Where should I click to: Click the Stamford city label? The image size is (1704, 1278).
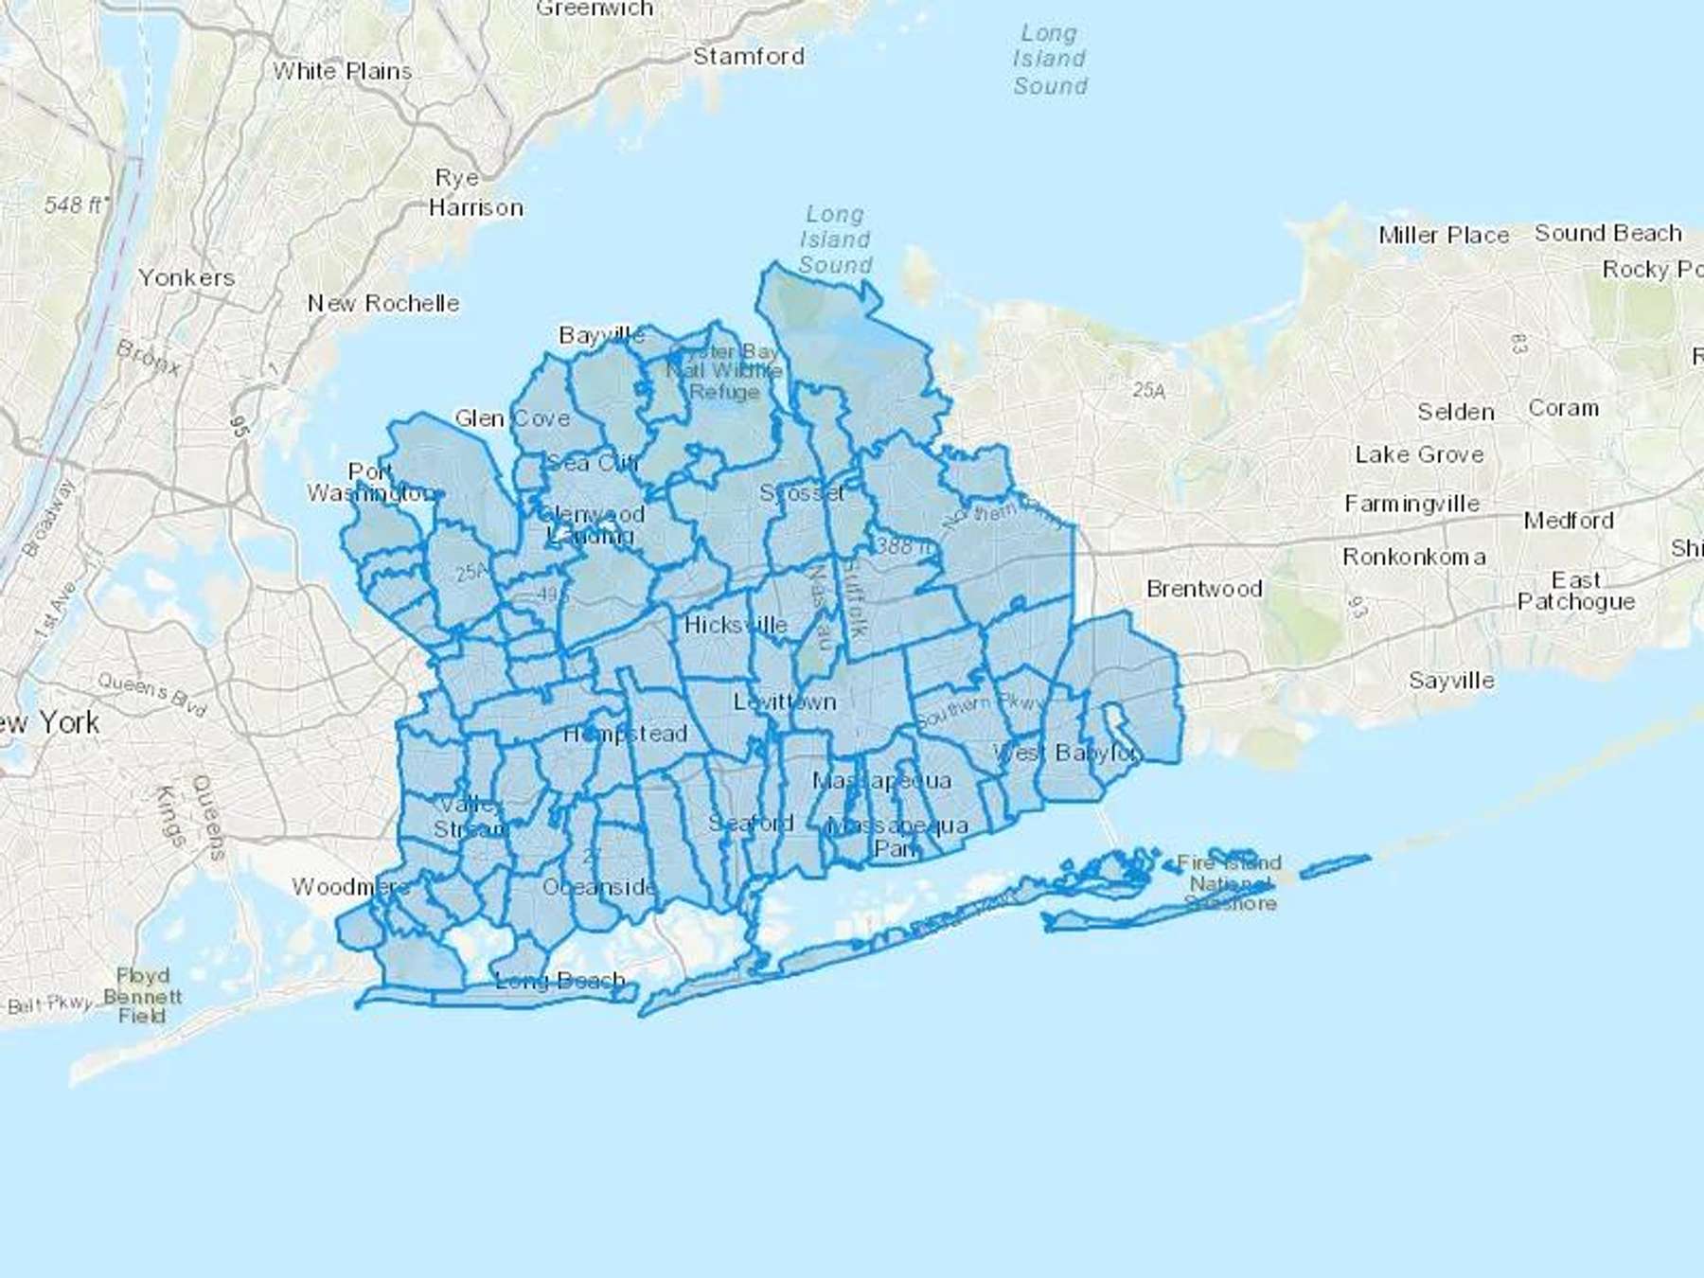point(748,57)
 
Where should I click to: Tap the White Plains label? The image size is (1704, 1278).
point(342,71)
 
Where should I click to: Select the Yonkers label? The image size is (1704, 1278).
point(186,277)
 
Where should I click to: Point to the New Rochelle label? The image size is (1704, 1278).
point(383,303)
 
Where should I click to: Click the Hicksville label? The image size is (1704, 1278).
point(736,625)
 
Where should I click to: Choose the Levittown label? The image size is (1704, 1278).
point(785,701)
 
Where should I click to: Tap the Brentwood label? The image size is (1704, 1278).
point(1204,589)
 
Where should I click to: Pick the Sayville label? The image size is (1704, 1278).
point(1451,680)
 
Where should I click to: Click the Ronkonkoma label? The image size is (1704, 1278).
point(1414,557)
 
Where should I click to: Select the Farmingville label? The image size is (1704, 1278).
point(1411,504)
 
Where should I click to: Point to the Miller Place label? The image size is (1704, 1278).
point(1444,235)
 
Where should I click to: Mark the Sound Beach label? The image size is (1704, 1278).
point(1608,233)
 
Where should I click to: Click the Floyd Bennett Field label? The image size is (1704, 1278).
point(142,995)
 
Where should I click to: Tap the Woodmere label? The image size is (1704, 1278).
point(350,887)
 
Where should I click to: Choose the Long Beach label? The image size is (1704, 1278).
point(559,980)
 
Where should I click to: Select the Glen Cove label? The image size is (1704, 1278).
point(512,418)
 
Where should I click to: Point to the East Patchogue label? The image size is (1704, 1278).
point(1575,591)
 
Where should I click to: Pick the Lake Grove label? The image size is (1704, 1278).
point(1419,454)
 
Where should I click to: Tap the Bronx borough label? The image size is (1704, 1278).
point(148,357)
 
